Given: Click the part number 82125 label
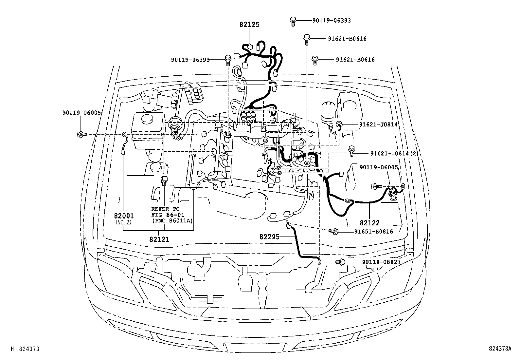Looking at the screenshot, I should [249, 25].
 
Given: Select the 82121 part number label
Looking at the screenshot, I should [159, 239].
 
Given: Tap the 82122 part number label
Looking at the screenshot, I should [369, 223].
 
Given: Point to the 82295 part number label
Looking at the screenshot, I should [270, 237].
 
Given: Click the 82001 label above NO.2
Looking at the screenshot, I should [124, 216].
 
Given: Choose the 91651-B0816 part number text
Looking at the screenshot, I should [374, 232].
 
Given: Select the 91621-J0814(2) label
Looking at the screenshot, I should [394, 153].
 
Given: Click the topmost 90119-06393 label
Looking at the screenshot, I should [332, 21].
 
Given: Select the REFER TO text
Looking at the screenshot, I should [165, 209].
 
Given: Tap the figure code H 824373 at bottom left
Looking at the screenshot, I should [25, 349].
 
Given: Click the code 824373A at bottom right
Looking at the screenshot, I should [500, 349].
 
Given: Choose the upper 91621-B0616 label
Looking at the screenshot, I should [347, 39].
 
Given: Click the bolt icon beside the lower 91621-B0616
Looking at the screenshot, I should [315, 60].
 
